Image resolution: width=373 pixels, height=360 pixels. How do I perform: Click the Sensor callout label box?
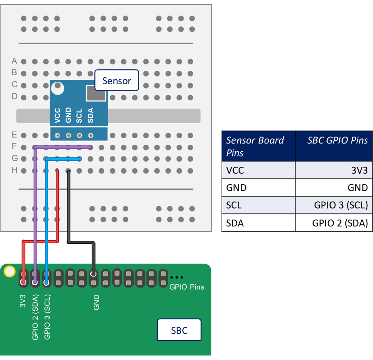117,80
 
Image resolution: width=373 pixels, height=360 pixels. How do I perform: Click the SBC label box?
179,331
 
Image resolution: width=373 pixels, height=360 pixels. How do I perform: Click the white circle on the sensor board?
57,88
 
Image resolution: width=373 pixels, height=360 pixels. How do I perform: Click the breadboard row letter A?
14,61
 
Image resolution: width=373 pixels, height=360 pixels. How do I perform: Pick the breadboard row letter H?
14,170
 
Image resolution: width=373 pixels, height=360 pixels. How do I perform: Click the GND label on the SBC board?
96,303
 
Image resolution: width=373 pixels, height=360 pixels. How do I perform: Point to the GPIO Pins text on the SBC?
187,287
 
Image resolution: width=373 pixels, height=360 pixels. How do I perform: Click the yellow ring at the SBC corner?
9,272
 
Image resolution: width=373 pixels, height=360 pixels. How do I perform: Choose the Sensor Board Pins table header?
258,146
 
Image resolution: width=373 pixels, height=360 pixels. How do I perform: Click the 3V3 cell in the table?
359,170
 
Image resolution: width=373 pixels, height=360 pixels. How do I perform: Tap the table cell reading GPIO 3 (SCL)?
341,205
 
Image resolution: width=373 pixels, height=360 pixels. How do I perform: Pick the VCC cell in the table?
235,170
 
